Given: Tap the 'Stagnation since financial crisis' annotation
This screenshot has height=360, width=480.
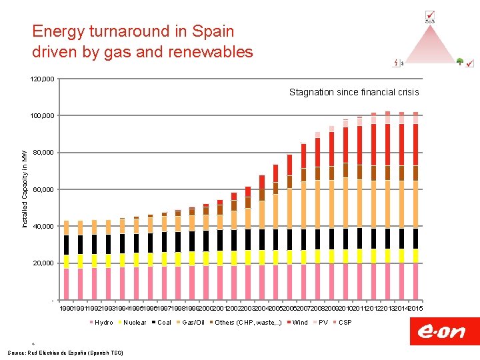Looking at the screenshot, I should (x=354, y=92).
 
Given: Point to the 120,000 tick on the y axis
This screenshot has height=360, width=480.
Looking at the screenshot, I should (x=43, y=79).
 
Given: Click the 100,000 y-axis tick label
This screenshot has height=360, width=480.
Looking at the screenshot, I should (x=43, y=116).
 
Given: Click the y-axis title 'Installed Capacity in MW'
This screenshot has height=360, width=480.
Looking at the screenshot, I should (x=25, y=190).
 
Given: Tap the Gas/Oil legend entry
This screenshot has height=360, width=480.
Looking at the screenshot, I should (x=193, y=323).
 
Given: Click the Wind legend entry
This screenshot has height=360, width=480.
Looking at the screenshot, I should (x=300, y=323).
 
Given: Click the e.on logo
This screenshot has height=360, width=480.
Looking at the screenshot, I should (x=441, y=331).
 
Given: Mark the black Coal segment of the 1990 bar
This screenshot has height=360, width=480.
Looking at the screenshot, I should (x=66, y=245).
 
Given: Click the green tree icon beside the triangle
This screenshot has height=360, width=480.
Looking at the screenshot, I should (x=460, y=62).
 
